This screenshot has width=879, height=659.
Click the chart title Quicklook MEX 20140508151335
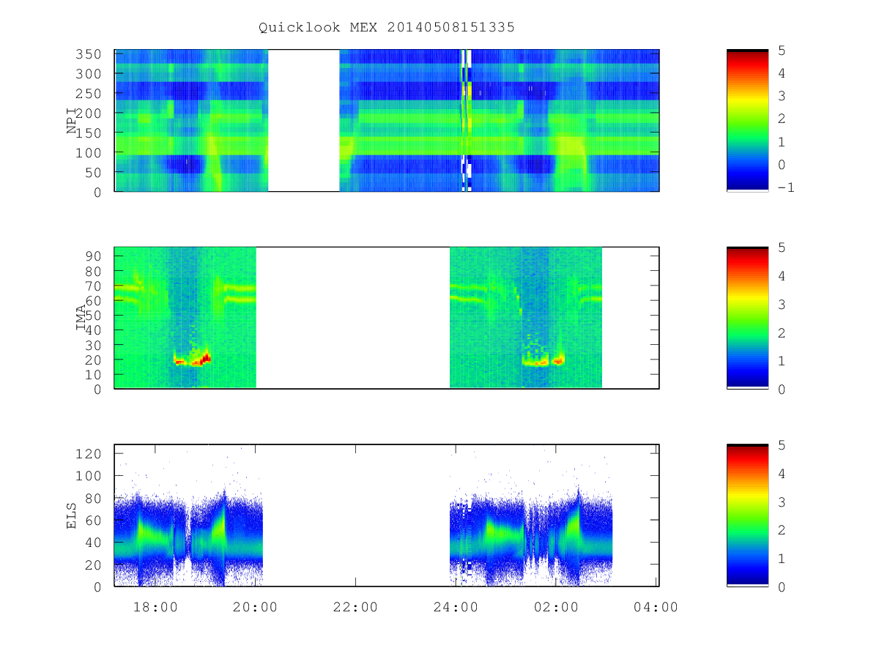387,27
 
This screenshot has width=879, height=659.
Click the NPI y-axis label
71,120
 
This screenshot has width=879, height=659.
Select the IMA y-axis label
81,318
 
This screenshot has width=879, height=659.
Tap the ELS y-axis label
71,515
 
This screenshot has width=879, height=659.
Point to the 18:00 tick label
155,607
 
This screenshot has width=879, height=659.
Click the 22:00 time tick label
355,607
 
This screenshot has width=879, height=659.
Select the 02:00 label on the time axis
556,607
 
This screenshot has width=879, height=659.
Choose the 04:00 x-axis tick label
656,607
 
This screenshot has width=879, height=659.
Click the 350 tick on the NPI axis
89,54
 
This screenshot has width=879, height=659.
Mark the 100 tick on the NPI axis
89,153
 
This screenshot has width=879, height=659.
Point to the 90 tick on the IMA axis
93,256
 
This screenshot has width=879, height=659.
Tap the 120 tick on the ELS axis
89,454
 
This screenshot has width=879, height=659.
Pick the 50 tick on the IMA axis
93,316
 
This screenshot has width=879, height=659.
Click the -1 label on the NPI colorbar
786,187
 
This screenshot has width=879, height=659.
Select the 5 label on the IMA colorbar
782,247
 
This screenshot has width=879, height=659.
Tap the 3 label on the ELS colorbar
782,502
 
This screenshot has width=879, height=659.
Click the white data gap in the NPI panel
303,120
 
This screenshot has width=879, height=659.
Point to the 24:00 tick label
456,607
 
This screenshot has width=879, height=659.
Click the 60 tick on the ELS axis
93,520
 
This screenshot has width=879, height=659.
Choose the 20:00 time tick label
255,607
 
